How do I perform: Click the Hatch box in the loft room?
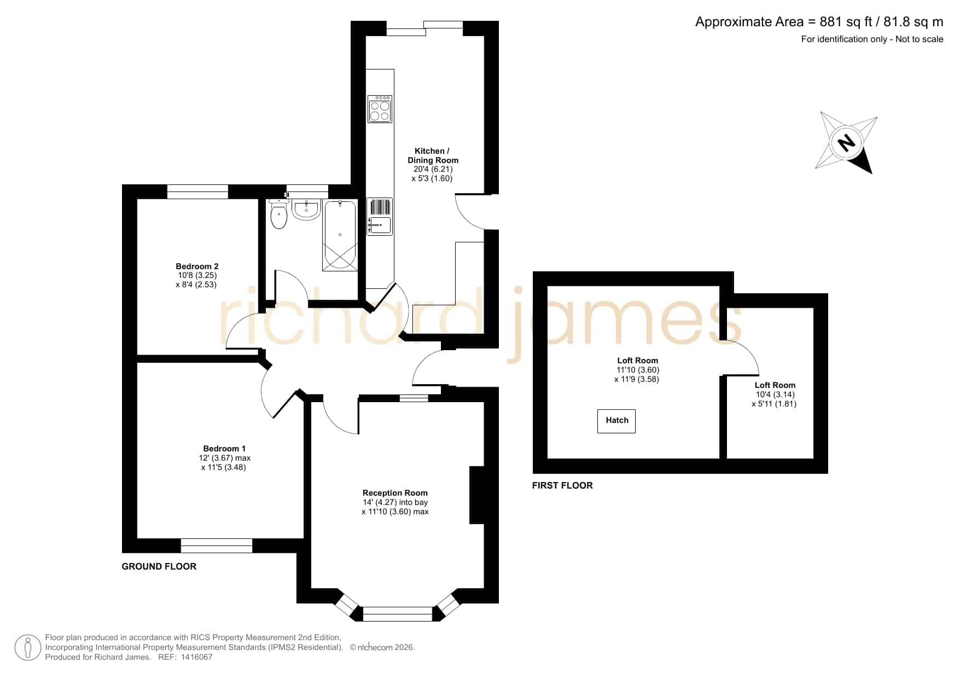[616, 421]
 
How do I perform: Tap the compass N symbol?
[847, 143]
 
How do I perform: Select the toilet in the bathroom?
[279, 214]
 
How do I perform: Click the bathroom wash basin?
[306, 210]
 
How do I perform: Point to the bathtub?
[340, 235]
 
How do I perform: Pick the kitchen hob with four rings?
[380, 109]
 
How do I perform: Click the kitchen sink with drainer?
[380, 217]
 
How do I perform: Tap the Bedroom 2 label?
[197, 266]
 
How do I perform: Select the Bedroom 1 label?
[224, 449]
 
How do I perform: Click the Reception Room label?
[395, 493]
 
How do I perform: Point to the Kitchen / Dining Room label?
[433, 155]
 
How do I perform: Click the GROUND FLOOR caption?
[159, 567]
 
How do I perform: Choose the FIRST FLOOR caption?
[562, 485]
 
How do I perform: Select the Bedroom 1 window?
[217, 545]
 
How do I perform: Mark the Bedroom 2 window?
[197, 191]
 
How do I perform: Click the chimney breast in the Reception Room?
[477, 495]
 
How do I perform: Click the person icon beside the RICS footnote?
[27, 648]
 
